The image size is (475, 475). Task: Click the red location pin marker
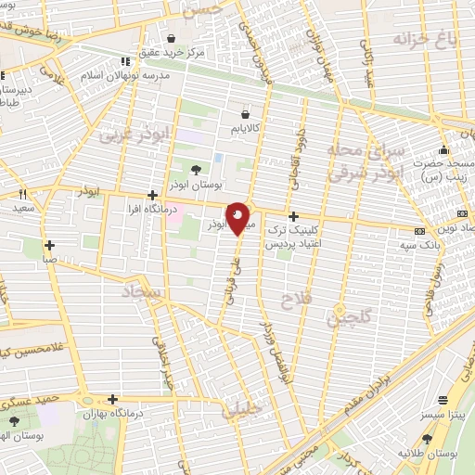[x=238, y=216]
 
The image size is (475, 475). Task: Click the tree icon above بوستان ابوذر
[x=196, y=169]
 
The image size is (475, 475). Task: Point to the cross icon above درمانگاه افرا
[x=152, y=196]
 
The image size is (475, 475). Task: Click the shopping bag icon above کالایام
[x=245, y=107]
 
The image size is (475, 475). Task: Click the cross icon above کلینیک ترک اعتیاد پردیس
[x=294, y=215]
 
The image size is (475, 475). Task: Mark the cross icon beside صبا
[x=49, y=246]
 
